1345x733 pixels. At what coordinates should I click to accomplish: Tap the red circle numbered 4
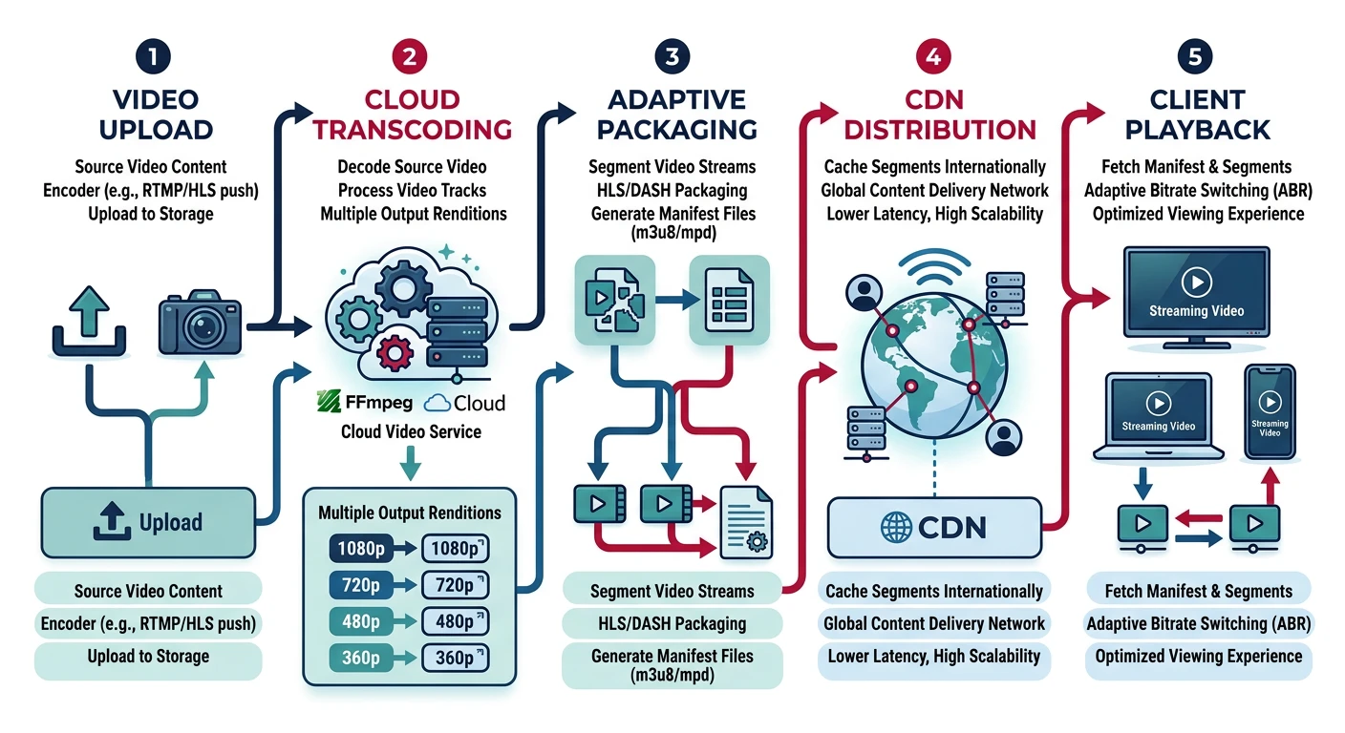(x=932, y=57)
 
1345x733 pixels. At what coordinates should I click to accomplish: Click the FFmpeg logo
(x=363, y=402)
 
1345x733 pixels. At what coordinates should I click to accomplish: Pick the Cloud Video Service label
(x=411, y=432)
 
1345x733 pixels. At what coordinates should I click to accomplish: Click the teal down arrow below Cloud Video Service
(x=410, y=464)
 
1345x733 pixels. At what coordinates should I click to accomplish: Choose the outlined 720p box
(x=455, y=585)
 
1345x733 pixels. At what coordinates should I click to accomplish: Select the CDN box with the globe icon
(x=932, y=527)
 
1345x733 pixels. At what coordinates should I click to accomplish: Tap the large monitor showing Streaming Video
(x=1196, y=293)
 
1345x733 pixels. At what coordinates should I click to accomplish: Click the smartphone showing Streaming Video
(x=1270, y=415)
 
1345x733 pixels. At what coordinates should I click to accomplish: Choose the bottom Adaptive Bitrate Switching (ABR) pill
(x=1199, y=624)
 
